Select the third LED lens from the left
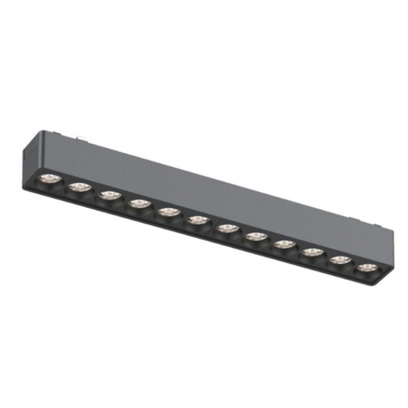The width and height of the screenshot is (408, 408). [109, 195]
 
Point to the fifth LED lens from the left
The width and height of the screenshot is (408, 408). [168, 211]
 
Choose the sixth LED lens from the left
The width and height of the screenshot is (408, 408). [198, 220]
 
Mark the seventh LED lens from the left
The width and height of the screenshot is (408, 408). [227, 228]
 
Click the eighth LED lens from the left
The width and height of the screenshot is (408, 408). [256, 236]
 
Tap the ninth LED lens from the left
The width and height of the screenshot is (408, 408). [284, 244]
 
